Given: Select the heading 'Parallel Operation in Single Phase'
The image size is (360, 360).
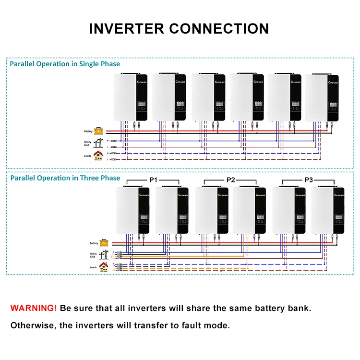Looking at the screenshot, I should [65, 64].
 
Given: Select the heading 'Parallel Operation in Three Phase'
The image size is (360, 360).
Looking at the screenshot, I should [65, 178].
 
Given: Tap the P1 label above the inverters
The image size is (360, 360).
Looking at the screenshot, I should [153, 180].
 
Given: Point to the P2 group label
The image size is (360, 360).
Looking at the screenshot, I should [231, 180].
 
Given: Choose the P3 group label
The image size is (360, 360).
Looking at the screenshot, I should [309, 180].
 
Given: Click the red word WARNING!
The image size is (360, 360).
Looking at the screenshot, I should [34, 308].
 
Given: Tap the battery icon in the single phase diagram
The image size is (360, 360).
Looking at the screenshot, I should [98, 131].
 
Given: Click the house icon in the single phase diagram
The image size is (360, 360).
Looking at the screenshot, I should [98, 155].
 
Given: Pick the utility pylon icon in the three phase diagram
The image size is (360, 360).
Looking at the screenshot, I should [103, 255].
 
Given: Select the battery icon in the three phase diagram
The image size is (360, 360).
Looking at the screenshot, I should [103, 243].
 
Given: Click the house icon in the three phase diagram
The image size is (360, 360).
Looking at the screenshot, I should [103, 267].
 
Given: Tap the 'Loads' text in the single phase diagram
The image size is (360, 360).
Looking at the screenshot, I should [88, 156].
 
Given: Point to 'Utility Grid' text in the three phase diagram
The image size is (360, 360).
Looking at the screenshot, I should [93, 255].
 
